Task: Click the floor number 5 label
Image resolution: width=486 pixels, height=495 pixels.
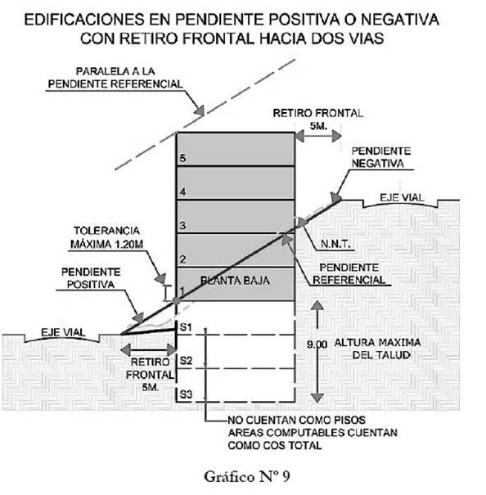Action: (182, 158)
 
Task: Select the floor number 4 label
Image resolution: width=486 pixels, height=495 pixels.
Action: (182, 191)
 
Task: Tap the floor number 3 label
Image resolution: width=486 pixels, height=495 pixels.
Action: (182, 225)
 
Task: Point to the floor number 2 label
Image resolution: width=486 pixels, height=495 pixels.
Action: (182, 259)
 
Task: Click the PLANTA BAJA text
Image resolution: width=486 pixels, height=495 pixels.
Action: (235, 281)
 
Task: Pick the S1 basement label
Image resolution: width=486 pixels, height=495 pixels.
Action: (186, 327)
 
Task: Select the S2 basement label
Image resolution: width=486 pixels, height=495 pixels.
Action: (186, 361)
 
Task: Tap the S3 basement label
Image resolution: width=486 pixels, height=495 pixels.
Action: (186, 394)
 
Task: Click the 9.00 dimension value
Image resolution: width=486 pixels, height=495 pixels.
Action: (317, 344)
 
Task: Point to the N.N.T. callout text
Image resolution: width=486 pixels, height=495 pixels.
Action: (335, 244)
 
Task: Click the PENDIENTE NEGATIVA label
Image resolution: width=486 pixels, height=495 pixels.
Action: (380, 157)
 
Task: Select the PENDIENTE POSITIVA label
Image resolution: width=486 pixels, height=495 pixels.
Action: (91, 278)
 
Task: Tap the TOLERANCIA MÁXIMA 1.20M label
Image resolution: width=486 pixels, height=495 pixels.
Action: (106, 237)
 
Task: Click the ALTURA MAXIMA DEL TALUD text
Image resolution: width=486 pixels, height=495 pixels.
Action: (378, 349)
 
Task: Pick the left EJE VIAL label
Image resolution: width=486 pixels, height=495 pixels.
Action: (63, 332)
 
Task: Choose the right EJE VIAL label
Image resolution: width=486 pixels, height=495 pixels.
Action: (402, 198)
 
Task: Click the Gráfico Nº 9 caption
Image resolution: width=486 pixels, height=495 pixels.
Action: (247, 477)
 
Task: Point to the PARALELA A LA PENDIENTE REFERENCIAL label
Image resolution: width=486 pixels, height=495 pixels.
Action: (115, 78)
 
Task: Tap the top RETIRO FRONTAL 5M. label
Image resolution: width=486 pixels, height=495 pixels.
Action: (318, 119)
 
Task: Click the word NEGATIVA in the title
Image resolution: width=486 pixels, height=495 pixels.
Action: (400, 20)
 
